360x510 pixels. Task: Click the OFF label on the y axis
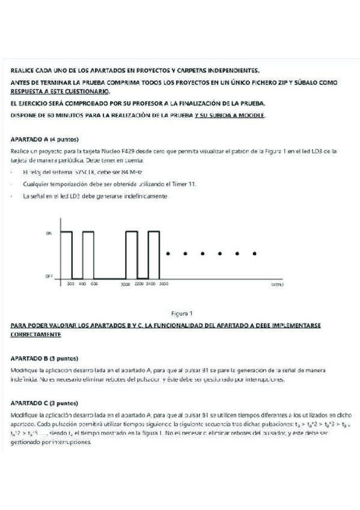[x=49, y=276]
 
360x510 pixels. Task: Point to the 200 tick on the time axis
[x=70, y=283]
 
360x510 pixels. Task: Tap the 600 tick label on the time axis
[x=94, y=283]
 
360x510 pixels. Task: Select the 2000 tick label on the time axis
[x=125, y=283]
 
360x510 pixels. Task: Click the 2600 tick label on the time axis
[x=163, y=283]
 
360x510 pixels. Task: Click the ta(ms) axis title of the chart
[x=276, y=283]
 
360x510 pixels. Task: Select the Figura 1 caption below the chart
[x=182, y=313]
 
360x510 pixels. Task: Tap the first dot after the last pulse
[x=168, y=253]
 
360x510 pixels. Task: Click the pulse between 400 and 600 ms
[x=88, y=253]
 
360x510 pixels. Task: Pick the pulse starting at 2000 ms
[x=132, y=253]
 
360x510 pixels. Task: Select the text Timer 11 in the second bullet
[x=183, y=184]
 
